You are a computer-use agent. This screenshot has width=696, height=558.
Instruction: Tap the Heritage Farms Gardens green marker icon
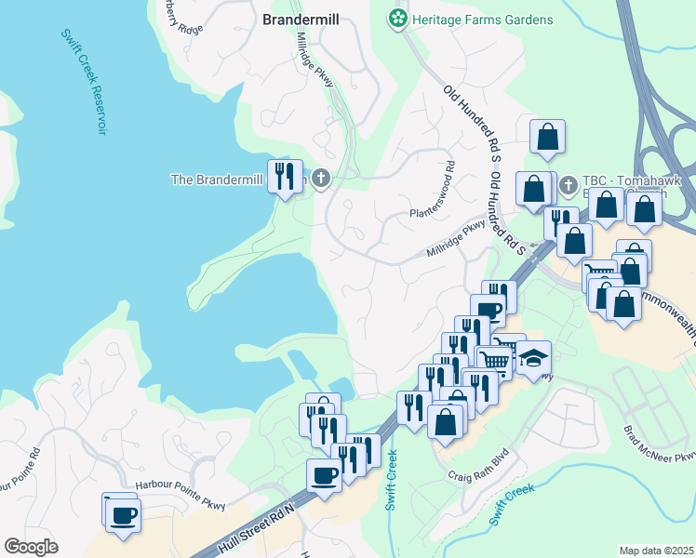[x=398, y=19]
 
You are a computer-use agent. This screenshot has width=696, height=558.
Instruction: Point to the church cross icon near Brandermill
[x=321, y=178]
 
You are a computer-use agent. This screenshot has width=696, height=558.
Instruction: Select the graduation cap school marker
[x=533, y=358]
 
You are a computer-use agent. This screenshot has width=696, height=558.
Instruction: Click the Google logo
[x=30, y=546]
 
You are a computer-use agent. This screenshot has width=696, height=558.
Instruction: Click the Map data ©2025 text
[x=656, y=551]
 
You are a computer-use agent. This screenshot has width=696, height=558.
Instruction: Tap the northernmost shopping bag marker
[x=547, y=137]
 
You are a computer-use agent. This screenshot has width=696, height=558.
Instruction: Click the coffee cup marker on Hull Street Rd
[x=325, y=475]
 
